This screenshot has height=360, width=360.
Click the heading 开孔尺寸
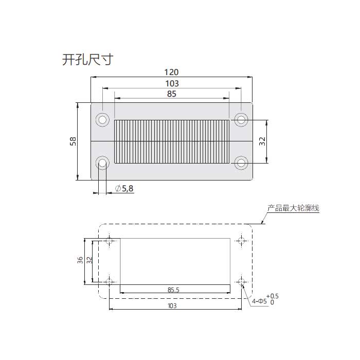87,60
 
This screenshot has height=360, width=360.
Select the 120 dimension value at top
171,73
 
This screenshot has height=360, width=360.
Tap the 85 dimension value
171,94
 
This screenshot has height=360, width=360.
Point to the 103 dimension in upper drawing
171,83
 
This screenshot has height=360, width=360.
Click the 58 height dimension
73,141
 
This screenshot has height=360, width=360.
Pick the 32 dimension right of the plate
262,142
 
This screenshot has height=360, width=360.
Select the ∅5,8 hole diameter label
124,189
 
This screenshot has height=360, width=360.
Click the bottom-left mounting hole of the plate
102,164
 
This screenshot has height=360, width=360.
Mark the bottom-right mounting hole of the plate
241,164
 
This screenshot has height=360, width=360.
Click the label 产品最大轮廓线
293,209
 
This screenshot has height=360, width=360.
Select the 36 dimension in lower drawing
80,261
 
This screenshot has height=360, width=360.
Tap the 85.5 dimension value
173,290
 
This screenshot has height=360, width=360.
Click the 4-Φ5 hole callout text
259,301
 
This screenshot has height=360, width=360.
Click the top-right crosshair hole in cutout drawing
241,240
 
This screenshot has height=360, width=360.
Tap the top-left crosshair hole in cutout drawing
109,240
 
